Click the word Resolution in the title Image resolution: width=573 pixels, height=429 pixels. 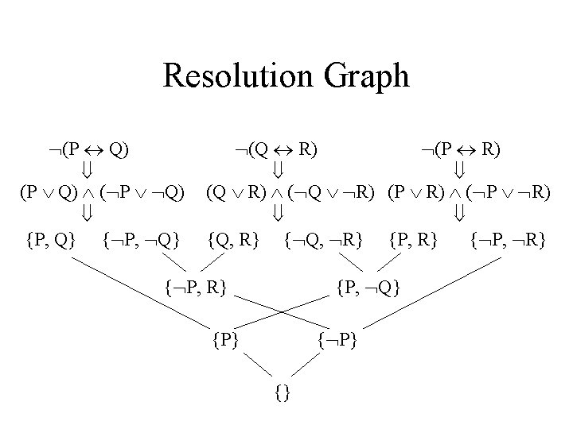coord(240,77)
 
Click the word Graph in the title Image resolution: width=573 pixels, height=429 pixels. coord(366,77)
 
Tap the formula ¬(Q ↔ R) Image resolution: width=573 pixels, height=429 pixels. coord(279,149)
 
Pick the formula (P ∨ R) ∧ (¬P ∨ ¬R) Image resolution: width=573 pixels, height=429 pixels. coord(466,193)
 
